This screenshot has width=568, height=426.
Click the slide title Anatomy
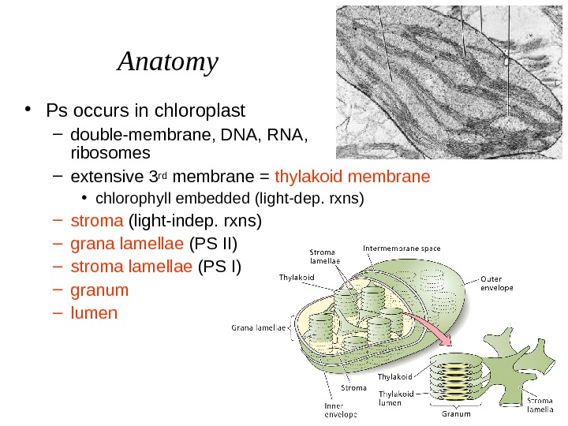[x=167, y=62]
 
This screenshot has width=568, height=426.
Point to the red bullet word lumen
[x=94, y=312]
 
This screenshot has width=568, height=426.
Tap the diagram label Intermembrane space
[x=402, y=248]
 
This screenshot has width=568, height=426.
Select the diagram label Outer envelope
[x=498, y=282]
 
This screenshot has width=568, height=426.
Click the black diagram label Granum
[x=456, y=413]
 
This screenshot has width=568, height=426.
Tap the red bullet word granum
[x=99, y=290]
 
